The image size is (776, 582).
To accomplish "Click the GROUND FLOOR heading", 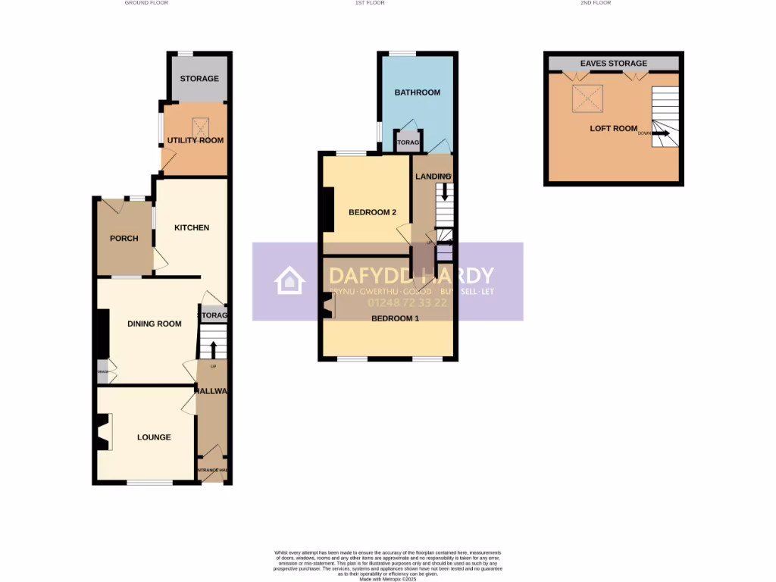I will coord(146,3).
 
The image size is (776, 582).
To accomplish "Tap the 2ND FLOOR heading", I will coord(595,3).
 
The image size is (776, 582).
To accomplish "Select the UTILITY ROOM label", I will coord(196,140).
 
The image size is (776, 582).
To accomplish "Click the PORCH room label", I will coord(124,238).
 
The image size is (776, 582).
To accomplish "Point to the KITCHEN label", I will coord(192,227).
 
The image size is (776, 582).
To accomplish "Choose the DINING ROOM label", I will coord(155,324).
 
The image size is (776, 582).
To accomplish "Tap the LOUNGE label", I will coord(154,437).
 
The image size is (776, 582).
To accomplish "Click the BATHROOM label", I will coord(418,92).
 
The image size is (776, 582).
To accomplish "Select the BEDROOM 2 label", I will coord(373,212).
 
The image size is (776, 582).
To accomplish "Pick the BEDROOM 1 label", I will coord(395,318).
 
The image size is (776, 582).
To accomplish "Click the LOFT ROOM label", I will coord(614,128).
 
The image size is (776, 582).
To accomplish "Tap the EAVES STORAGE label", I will coord(614,64).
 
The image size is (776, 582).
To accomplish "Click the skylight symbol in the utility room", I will coord(202,125).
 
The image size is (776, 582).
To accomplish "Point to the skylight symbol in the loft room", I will coord(585,97).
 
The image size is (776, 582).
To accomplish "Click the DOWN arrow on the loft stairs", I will coord(660,133).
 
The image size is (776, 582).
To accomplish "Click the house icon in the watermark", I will coord(289,280).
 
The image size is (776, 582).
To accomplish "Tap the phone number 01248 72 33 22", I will coord(408,302).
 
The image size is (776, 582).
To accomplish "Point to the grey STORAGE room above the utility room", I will coord(199,78).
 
